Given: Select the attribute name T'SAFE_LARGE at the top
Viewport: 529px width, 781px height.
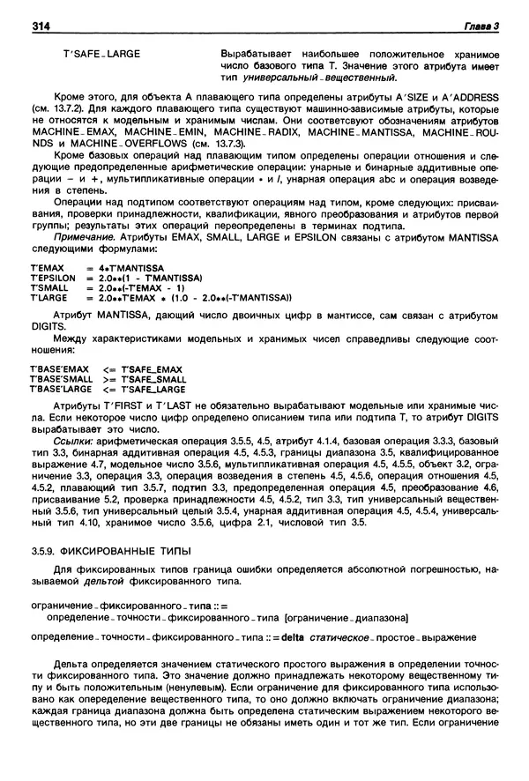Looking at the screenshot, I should coord(101,54).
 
